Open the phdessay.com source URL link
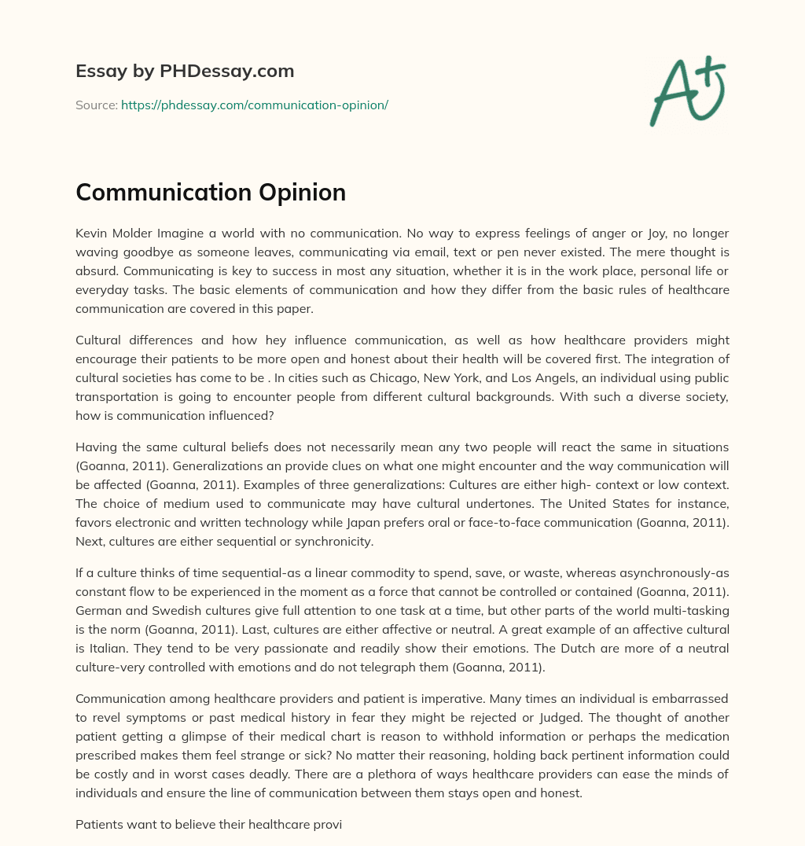click(x=254, y=105)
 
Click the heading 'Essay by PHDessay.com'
click(x=185, y=72)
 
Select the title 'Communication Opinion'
click(x=211, y=193)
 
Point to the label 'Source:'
click(x=97, y=105)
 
